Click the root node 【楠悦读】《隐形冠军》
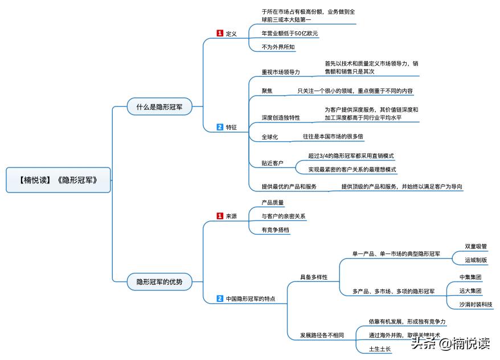(58, 180)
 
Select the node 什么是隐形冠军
(159, 107)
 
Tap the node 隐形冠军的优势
(159, 281)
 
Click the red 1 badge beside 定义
(220, 34)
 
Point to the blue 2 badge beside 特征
(220, 127)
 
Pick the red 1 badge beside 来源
(220, 216)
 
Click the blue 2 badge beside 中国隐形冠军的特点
(220, 298)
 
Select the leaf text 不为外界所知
(278, 47)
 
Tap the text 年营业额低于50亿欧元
(290, 34)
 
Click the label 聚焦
(267, 91)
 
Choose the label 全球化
(270, 137)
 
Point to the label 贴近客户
(273, 163)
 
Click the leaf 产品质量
(273, 202)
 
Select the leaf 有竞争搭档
(276, 230)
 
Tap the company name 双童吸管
(476, 247)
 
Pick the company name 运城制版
(476, 260)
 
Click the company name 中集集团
(471, 277)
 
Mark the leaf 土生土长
(380, 349)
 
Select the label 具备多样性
(314, 277)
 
